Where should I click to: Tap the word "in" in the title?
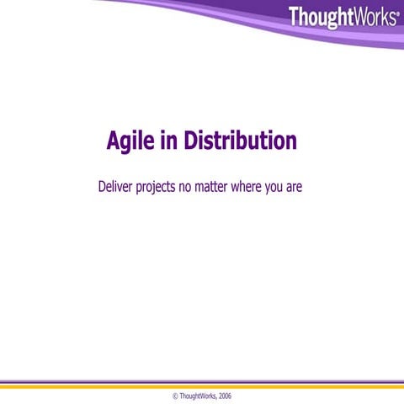(169, 141)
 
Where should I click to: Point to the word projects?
(157, 188)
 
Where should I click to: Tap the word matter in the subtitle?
(218, 186)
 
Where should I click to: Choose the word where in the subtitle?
(253, 186)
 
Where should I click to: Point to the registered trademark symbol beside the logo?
(397, 12)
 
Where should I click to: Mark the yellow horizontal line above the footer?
(202, 386)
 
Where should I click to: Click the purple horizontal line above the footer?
(202, 381)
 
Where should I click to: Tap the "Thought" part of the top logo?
(321, 16)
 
